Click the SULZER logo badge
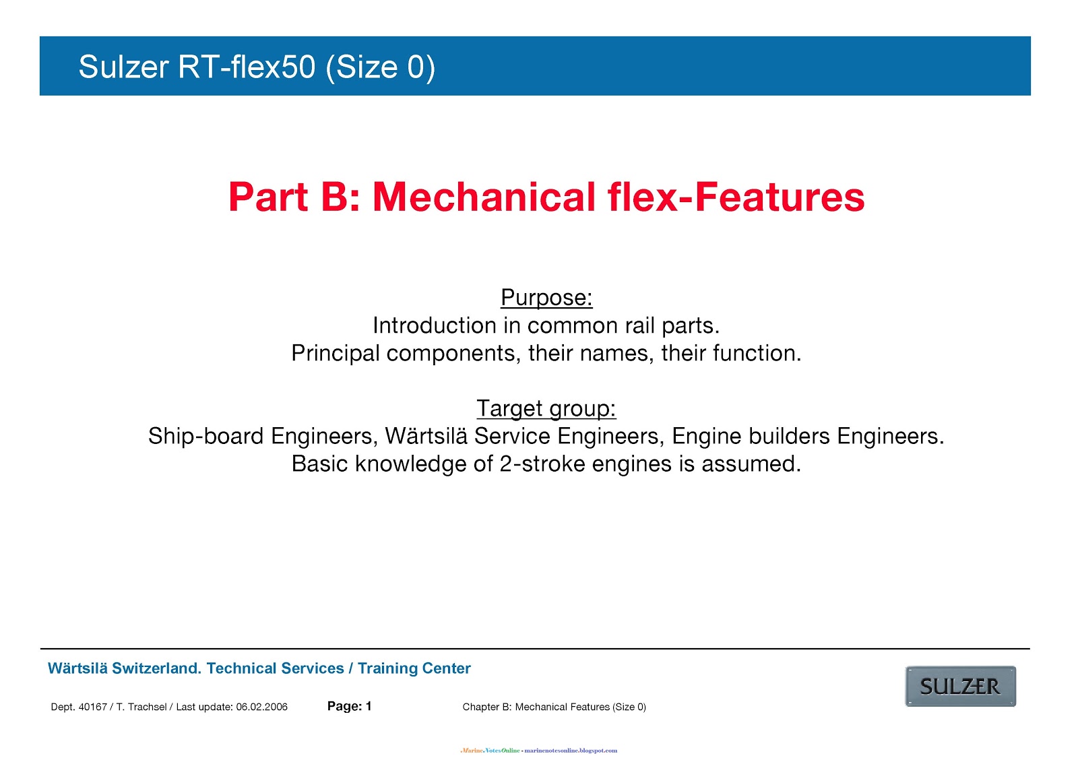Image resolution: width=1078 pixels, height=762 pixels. [960, 687]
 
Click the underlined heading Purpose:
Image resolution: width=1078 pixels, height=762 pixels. [546, 298]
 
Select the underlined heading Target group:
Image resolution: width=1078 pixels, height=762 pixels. [546, 408]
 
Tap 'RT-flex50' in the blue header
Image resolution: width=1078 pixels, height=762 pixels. [247, 67]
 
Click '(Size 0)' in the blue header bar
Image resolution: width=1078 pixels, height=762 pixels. [380, 67]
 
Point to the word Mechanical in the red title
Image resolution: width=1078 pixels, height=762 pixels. [484, 197]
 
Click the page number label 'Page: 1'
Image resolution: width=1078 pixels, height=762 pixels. [349, 706]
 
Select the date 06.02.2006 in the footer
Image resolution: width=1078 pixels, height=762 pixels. [261, 707]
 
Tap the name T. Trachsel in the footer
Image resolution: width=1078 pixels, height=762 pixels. [141, 707]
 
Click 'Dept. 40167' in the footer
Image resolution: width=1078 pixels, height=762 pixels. [79, 707]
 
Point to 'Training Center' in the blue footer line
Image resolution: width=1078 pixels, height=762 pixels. [414, 668]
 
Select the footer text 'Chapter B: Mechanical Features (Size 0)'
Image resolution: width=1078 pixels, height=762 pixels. [554, 707]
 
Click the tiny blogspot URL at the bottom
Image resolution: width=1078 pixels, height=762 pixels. [571, 751]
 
